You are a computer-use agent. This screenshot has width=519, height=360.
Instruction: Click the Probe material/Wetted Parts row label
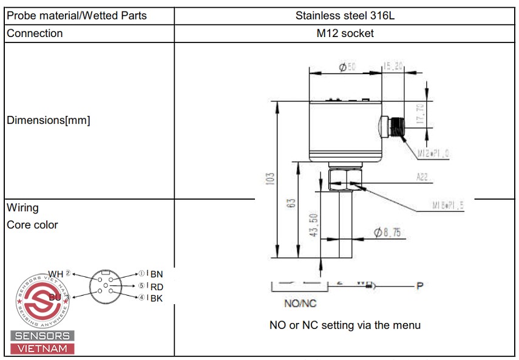pos(76,16)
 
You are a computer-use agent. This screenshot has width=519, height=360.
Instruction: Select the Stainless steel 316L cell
pos(345,16)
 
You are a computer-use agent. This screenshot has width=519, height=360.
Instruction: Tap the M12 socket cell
pos(345,33)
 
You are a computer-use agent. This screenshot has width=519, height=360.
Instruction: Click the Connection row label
pos(35,33)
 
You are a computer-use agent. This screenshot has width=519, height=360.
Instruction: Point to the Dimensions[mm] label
pos(48,120)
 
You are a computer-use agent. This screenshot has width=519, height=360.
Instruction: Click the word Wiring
pos(22,208)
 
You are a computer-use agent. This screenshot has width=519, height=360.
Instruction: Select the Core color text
pos(32,225)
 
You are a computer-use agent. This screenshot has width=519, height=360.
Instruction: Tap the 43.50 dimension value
pos(313,225)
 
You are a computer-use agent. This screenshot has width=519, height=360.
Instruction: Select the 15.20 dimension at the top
pos(393,67)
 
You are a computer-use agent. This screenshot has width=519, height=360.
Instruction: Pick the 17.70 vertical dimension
pos(421,114)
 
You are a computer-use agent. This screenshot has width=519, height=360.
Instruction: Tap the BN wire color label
pos(157,274)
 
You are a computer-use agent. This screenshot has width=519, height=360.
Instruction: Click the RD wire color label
pos(157,287)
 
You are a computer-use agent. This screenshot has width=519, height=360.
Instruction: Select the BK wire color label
pos(157,298)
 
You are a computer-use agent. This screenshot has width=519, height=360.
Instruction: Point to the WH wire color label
pos(56,274)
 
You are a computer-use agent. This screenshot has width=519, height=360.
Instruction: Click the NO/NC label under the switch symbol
pos(300,303)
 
